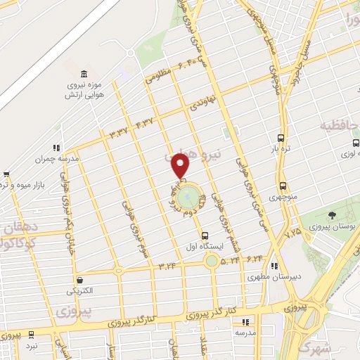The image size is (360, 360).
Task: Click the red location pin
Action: (181, 166)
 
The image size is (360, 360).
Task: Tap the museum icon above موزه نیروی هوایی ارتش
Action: (84, 75)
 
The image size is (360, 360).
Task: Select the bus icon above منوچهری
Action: (283, 186)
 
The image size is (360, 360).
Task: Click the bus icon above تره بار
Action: (281, 139)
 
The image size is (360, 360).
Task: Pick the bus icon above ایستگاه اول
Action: (205, 236)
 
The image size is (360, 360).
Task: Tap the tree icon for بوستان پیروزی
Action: (332, 215)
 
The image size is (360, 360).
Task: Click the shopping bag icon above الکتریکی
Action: (80, 279)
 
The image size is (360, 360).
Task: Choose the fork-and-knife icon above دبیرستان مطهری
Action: (274, 266)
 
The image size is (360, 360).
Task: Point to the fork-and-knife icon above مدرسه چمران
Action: (55, 148)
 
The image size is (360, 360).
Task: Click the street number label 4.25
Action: (293, 230)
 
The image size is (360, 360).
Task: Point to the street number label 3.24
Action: (167, 265)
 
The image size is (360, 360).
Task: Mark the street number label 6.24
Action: (255, 258)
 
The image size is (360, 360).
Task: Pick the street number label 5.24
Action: (230, 261)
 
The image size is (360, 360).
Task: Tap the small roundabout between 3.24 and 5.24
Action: (211, 262)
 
